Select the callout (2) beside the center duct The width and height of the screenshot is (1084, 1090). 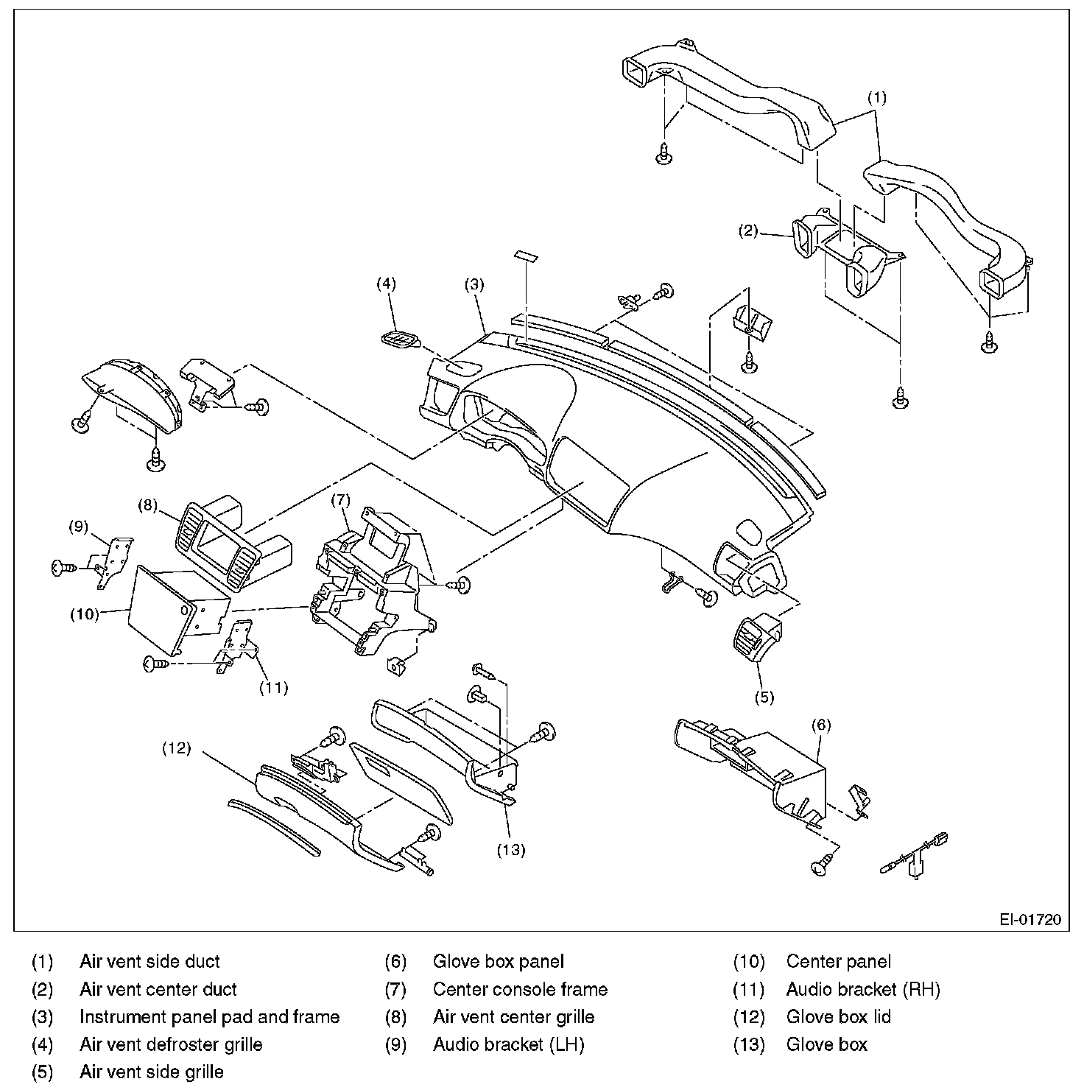click(748, 231)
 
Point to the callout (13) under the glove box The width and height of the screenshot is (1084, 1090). click(510, 849)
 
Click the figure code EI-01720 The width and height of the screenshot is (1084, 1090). click(1030, 919)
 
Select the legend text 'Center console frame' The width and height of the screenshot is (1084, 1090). click(520, 989)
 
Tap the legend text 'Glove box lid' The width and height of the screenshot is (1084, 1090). click(838, 1017)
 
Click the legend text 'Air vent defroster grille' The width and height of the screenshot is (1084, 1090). click(171, 1044)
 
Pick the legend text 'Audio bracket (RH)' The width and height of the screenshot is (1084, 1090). click(863, 989)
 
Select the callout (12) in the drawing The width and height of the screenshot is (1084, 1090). click(176, 748)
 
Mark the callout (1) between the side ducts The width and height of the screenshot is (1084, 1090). click(876, 96)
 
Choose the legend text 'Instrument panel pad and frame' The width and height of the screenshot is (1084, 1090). click(209, 1017)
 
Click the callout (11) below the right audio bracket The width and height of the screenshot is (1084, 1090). click(272, 688)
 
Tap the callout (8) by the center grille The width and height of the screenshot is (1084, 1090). click(148, 504)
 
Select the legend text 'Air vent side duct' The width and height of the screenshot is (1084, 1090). click(149, 961)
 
